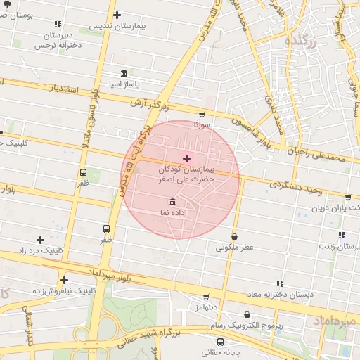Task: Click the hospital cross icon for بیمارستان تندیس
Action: click(x=117, y=15)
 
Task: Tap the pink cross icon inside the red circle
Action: click(x=186, y=157)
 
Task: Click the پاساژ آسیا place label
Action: click(x=124, y=84)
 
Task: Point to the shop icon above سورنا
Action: click(x=202, y=114)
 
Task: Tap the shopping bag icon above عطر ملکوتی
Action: click(x=234, y=237)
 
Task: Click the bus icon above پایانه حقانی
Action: click(x=221, y=342)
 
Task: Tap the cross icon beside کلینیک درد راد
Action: click(x=40, y=240)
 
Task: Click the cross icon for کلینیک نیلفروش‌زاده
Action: click(x=64, y=280)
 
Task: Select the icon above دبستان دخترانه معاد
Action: click(x=280, y=283)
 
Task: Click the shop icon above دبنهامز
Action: click(x=206, y=297)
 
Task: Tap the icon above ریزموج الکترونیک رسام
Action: click(x=247, y=315)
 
